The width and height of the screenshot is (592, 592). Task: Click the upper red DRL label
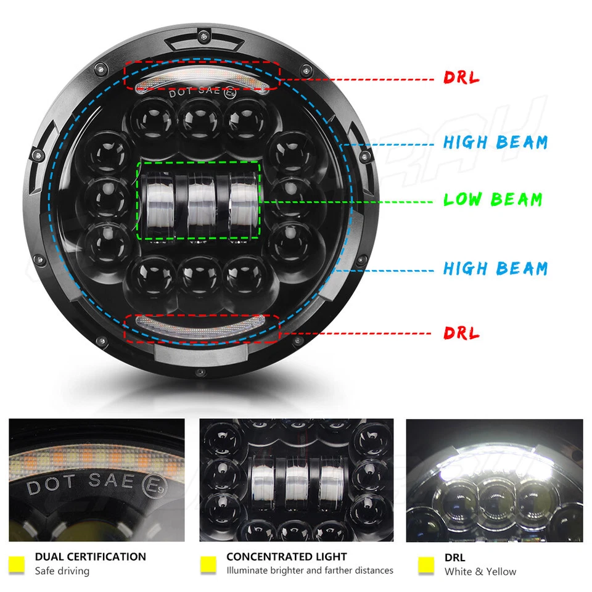(x=461, y=78)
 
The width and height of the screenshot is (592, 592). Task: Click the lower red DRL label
(x=461, y=334)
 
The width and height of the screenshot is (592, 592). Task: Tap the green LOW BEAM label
(x=493, y=200)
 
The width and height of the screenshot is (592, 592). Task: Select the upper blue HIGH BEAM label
(x=495, y=142)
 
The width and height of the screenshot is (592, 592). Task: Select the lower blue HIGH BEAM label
(x=495, y=268)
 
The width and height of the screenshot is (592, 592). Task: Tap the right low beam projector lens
(x=242, y=200)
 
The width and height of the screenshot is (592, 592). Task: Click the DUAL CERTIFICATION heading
(x=91, y=557)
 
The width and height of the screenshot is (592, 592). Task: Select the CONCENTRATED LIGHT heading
(x=287, y=557)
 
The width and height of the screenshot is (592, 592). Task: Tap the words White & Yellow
(x=480, y=572)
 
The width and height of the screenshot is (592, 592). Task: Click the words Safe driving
(x=62, y=572)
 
